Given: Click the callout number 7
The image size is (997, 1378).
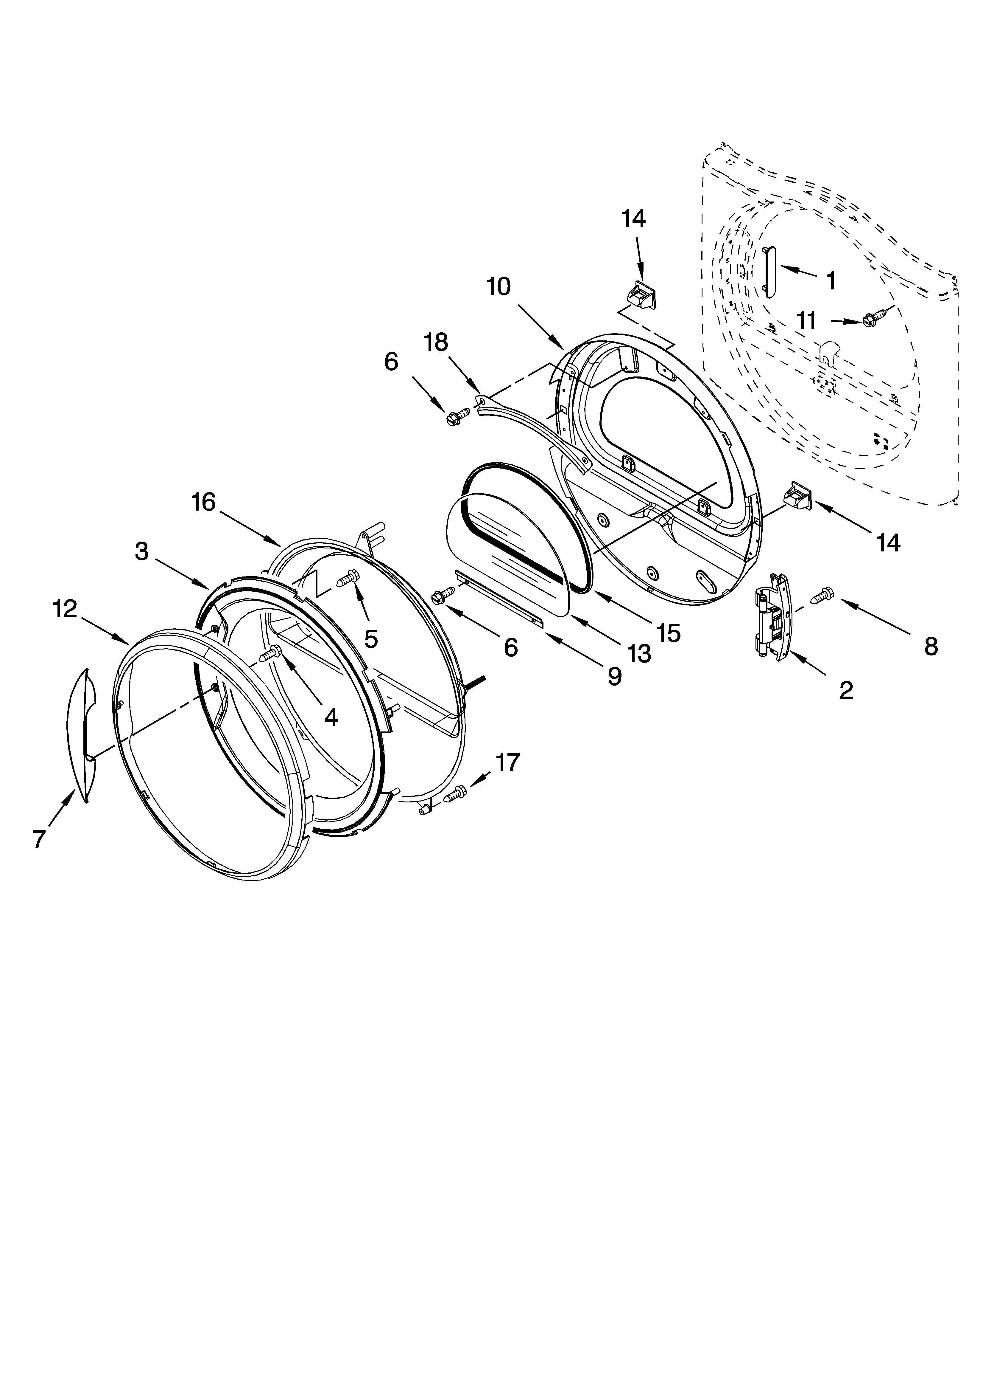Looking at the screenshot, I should tap(39, 839).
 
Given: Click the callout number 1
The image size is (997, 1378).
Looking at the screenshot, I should tap(831, 281).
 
